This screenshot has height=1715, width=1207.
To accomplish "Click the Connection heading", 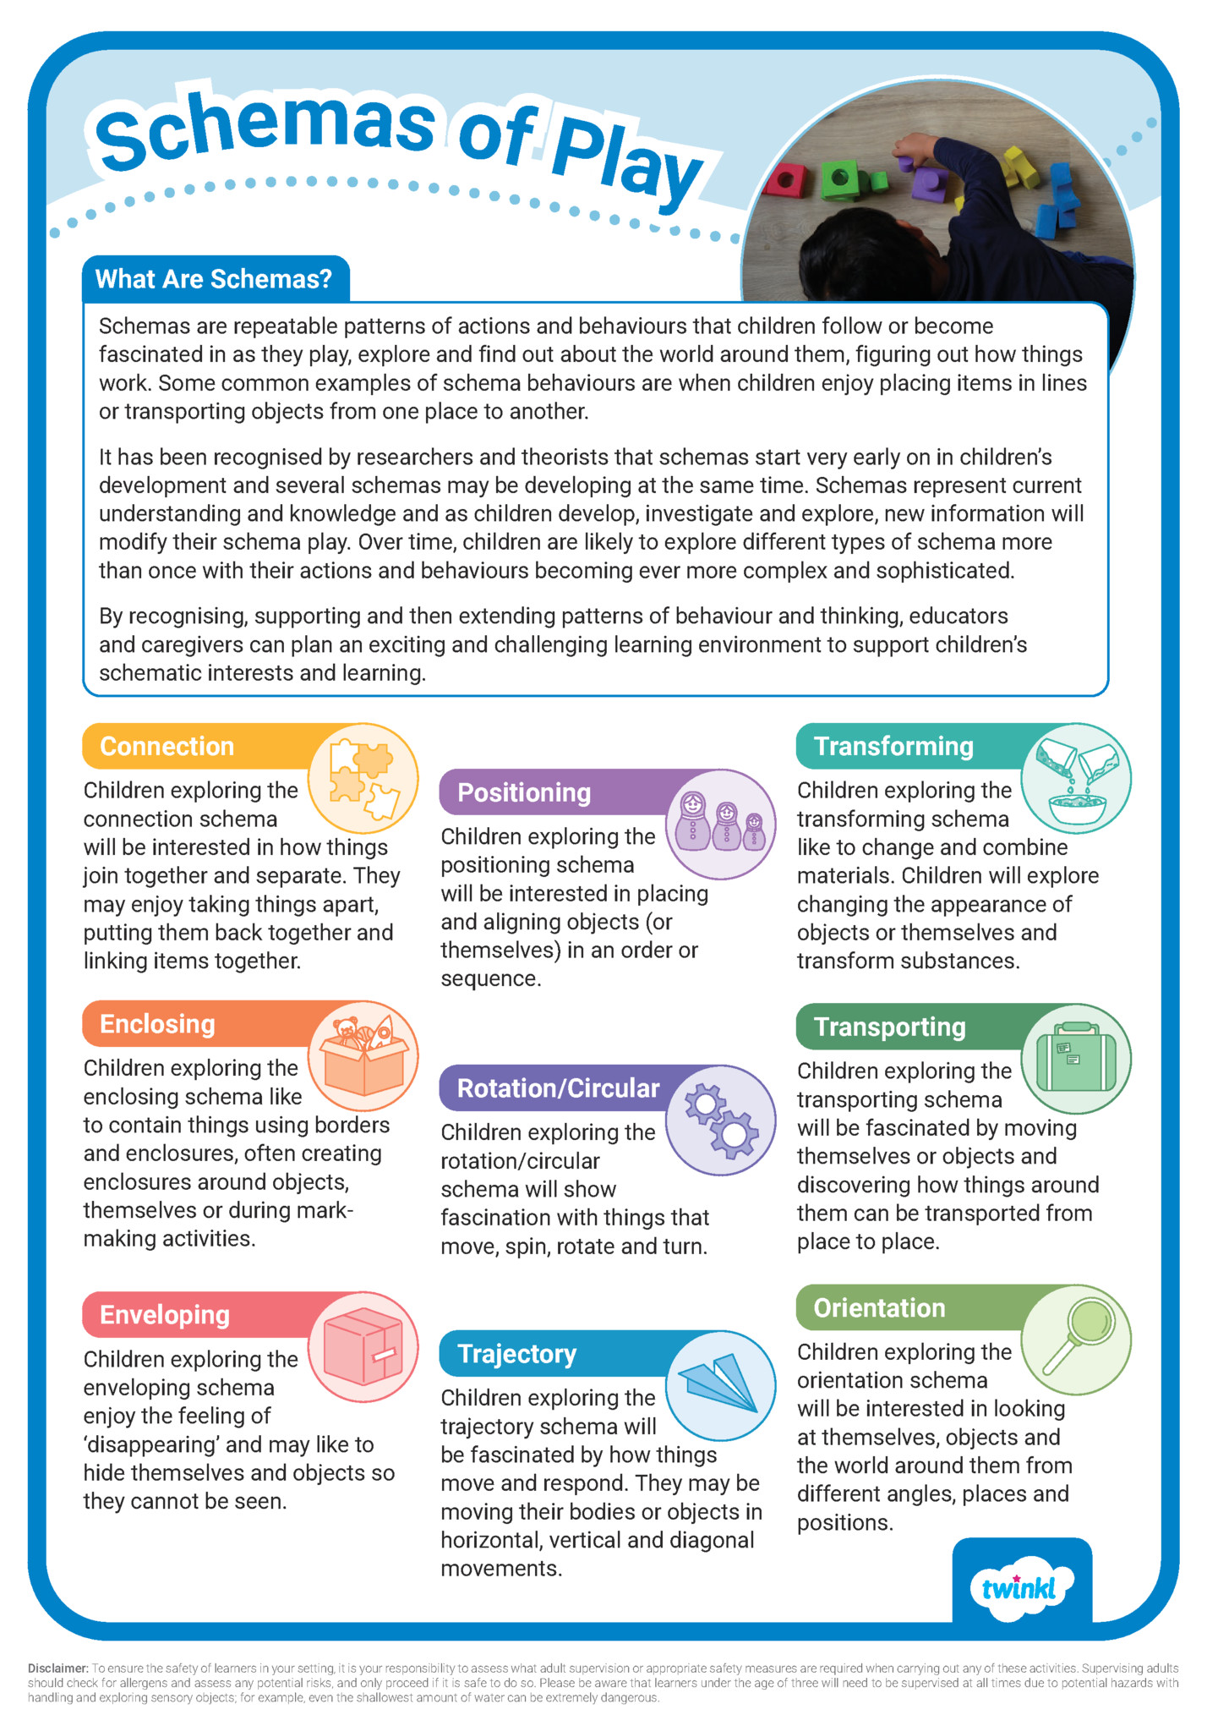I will coord(167,746).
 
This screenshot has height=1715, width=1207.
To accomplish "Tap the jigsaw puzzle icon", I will coord(363,778).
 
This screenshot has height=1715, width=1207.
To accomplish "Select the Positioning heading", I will coord(524,792).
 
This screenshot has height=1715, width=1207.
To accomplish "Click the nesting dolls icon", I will coord(721,824).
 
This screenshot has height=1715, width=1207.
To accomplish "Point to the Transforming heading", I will coord(893,746).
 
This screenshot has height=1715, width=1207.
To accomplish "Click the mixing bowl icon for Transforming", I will coord(1076,778).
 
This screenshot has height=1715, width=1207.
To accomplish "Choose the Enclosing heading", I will coord(157,1024).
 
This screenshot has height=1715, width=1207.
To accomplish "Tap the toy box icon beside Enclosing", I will coord(363,1056).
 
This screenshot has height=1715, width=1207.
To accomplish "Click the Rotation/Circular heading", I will coord(558,1088).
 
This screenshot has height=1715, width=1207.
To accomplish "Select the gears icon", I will coord(721,1120).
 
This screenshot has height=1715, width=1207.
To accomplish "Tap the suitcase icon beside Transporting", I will coord(1076,1059).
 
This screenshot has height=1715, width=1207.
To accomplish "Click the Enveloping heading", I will coord(165,1315).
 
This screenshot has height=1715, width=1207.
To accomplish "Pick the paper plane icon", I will coord(721,1385).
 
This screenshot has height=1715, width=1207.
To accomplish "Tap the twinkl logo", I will coord(1021,1588).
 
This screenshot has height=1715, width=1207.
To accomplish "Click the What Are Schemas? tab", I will coord(214,279).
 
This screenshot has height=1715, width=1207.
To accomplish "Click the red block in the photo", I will coord(786,178).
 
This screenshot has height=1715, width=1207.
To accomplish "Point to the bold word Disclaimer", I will coord(57,1668).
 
